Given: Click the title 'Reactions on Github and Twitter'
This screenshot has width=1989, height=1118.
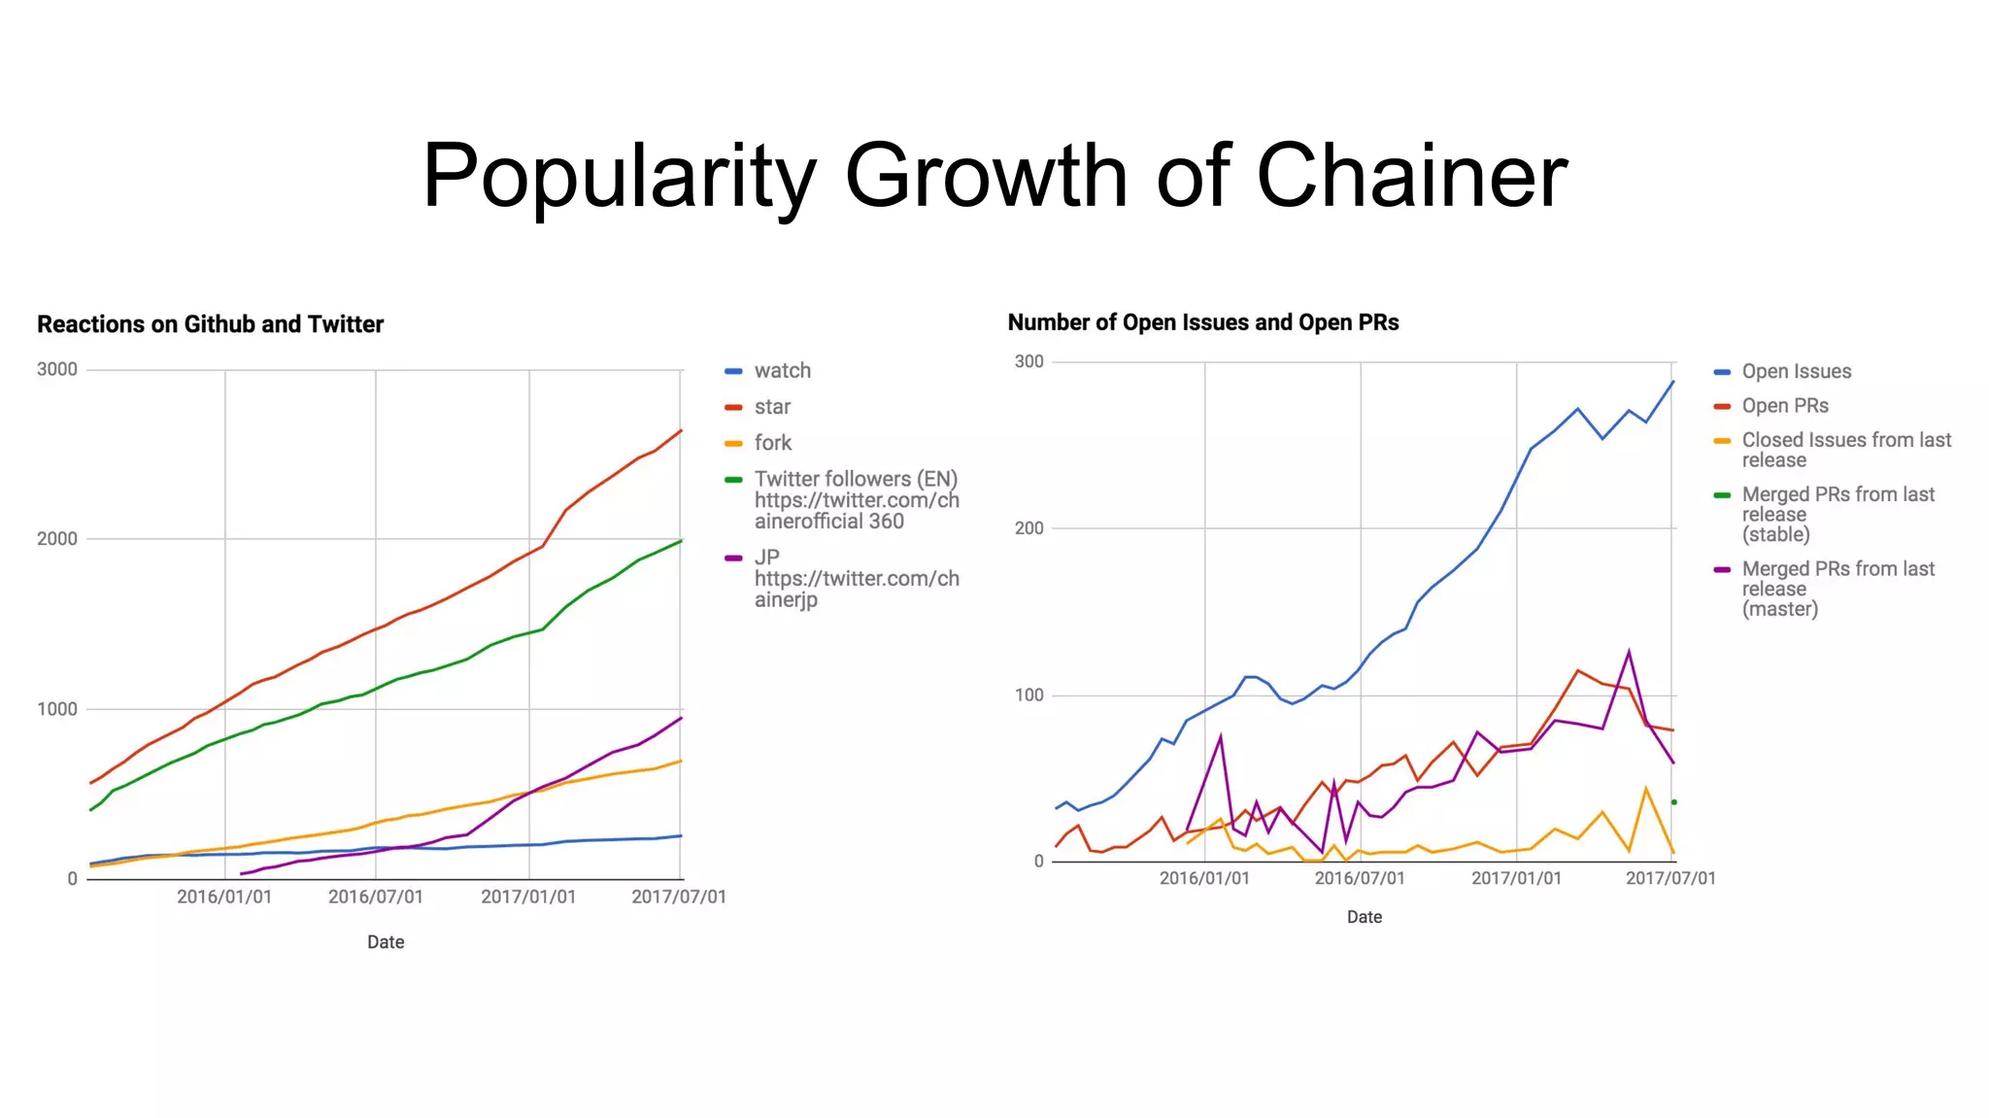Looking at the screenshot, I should (210, 324).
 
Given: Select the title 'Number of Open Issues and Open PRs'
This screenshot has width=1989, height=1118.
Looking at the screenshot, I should (1202, 322).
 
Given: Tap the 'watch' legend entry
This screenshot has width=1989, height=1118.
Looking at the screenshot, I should (782, 371).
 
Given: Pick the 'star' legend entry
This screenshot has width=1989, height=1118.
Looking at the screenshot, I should (772, 407).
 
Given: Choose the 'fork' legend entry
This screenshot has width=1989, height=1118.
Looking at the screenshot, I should (772, 443).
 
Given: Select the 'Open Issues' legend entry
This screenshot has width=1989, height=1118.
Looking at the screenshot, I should (1796, 371).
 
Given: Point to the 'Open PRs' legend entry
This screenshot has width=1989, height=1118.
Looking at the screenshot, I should (1784, 406).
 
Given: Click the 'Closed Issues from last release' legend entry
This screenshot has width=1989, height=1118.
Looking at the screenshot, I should (1845, 450).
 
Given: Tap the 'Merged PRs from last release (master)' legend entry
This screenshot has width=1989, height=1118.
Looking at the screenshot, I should (1837, 589).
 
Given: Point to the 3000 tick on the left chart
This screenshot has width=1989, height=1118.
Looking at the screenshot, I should (57, 369).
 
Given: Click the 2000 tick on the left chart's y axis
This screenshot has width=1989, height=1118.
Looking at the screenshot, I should (57, 539).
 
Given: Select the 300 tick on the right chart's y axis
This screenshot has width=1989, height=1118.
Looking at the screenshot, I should (1028, 361).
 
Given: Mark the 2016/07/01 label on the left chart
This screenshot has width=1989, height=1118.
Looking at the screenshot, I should (375, 897).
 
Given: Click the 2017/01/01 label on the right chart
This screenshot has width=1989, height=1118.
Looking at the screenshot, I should (1516, 878).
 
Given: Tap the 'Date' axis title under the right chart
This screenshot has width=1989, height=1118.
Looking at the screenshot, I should (1364, 917).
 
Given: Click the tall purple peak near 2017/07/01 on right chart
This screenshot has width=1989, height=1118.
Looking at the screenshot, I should (1629, 652).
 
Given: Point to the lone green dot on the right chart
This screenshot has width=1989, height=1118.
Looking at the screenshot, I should (1673, 802).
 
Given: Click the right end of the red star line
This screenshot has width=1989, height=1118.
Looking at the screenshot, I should (681, 430).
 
